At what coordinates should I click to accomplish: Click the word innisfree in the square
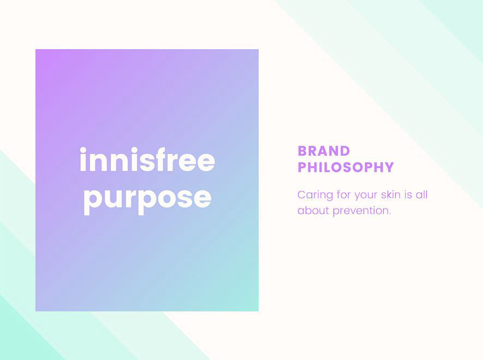pos(147,161)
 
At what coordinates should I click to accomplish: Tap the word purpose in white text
pos(147,198)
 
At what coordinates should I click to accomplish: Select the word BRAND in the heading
pos(324,151)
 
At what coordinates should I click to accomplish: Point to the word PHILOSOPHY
pos(345,167)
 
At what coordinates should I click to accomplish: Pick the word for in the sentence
pos(343,195)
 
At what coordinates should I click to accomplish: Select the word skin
pos(391,195)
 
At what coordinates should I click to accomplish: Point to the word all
pos(421,195)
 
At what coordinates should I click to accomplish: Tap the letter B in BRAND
pos(303,151)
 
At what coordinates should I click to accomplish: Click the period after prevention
pos(390,214)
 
